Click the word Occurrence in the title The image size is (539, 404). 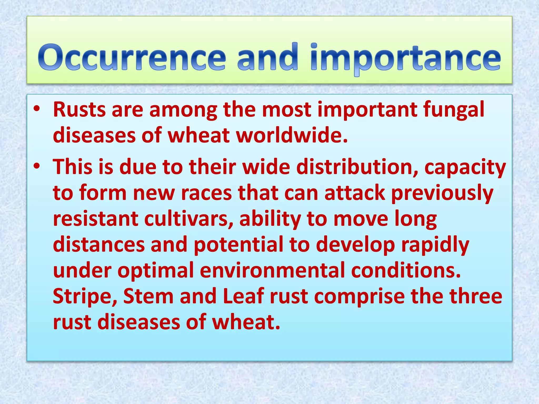(x=132, y=57)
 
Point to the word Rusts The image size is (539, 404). (x=79, y=110)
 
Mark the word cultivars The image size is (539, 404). (x=189, y=219)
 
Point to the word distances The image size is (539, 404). (x=99, y=245)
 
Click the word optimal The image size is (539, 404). (x=156, y=271)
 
